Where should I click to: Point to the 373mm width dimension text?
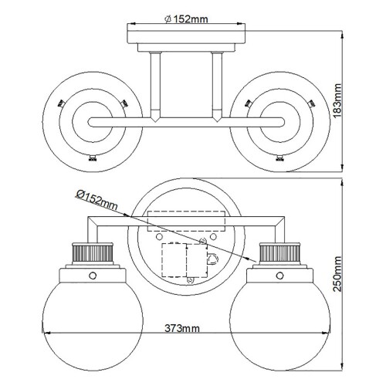(x=182, y=328)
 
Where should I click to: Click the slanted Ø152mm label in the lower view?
(x=96, y=201)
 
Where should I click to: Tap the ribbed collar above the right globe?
(x=278, y=253)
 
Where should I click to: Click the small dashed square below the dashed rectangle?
(x=176, y=261)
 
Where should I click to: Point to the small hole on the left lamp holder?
(x=93, y=276)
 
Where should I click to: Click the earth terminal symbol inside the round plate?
(x=212, y=260)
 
